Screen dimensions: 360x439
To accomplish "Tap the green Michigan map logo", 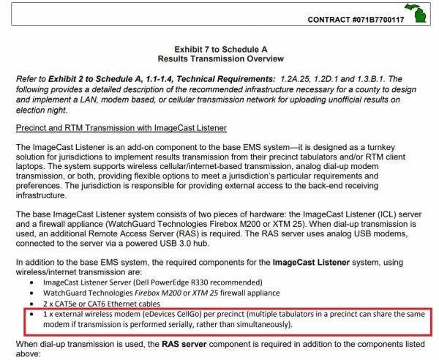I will [x=420, y=14].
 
